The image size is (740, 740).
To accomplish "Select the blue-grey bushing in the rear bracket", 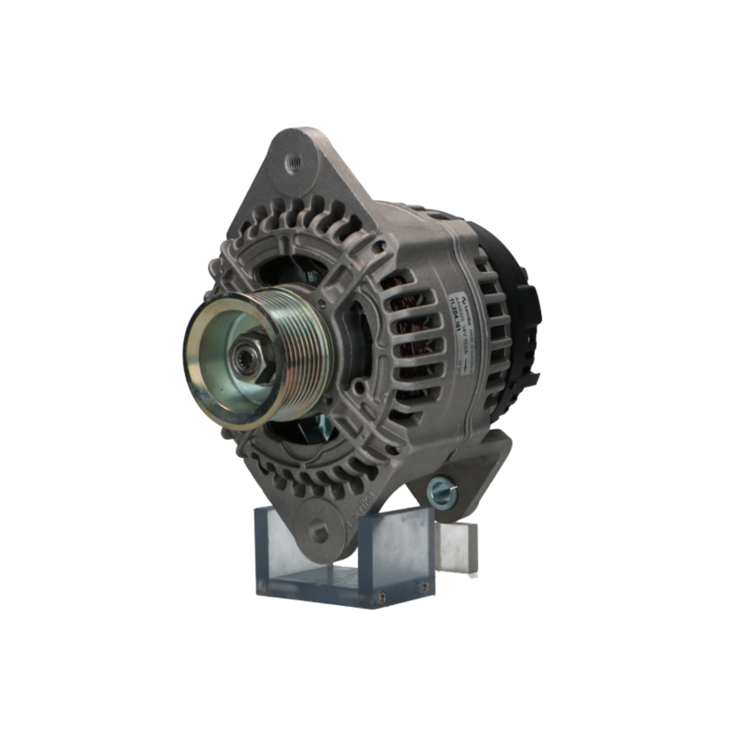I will pos(442,491).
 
